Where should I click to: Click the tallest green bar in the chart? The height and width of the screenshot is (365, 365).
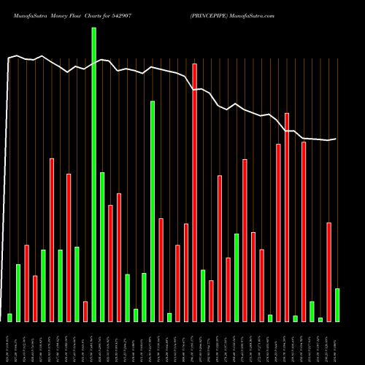pyautogui.click(x=93, y=174)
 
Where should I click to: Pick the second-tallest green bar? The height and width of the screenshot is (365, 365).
pyautogui.click(x=153, y=211)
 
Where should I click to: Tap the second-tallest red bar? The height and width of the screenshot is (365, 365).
pyautogui.click(x=287, y=217)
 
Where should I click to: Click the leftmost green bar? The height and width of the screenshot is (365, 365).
pyautogui.click(x=9, y=318)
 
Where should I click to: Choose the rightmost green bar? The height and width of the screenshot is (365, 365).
pyautogui.click(x=337, y=305)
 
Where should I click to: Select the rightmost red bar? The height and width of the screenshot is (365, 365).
pyautogui.click(x=329, y=272)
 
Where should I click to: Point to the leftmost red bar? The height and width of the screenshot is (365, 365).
pyautogui.click(x=26, y=283)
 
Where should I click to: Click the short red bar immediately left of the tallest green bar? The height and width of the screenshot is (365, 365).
pyautogui.click(x=85, y=311)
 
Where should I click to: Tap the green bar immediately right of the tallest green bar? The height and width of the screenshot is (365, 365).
pyautogui.click(x=102, y=247)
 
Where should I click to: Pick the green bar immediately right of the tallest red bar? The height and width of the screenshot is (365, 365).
pyautogui.click(x=203, y=296)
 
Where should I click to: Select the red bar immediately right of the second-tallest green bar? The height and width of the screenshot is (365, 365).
pyautogui.click(x=161, y=269)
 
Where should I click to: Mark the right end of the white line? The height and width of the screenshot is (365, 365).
pyautogui.click(x=336, y=139)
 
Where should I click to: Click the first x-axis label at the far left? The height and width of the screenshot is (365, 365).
pyautogui.click(x=9, y=343)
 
